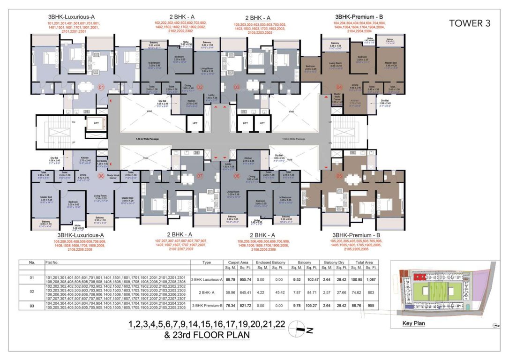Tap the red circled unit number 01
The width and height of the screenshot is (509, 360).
coord(100,87)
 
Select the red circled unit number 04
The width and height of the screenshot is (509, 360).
coord(340,87)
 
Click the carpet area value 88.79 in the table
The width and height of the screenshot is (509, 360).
coord(230,279)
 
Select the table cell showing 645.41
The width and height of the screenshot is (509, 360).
coord(246,291)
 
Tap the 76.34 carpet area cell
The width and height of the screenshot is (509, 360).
coord(230,304)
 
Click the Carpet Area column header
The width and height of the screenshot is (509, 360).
coord(238,263)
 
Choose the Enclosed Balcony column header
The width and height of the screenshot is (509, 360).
coord(271,263)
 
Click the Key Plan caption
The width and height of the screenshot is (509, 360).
coord(413,323)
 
